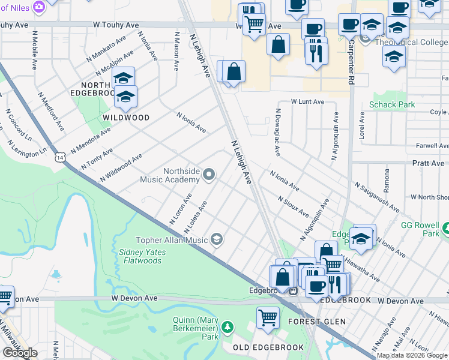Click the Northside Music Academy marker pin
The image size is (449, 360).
click(209, 175)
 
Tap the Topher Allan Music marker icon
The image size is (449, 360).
click(217, 240)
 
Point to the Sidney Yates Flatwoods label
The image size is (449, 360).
click(142, 256)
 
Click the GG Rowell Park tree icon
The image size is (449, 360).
click(445, 229)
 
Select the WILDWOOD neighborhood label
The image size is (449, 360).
click(125, 118)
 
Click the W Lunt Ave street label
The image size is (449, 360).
click(307, 102)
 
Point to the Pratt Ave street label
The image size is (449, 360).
click(428, 163)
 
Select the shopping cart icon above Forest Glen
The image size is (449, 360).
click(268, 317)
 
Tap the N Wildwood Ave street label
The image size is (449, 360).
click(121, 167)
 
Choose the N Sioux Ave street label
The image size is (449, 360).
click(293, 206)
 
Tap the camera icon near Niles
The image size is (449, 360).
click(39, 7)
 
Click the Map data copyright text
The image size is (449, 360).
click(412, 355)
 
